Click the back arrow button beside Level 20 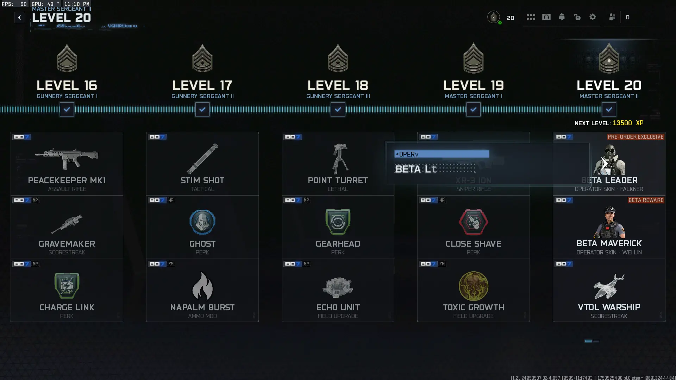[x=20, y=18]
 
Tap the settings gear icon [x=593, y=17]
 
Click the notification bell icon [x=562, y=17]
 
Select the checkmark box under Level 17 [x=202, y=109]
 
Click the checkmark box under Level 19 [x=474, y=109]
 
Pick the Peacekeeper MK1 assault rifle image [x=67, y=158]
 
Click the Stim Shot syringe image [x=202, y=159]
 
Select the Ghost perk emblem [x=202, y=222]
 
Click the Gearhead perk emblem [x=338, y=222]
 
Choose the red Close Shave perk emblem [x=474, y=222]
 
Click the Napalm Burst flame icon [x=202, y=286]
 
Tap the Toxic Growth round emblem [x=474, y=286]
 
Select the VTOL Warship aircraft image [x=609, y=286]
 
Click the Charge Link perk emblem [x=67, y=286]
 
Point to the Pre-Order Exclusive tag [x=636, y=137]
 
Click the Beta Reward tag [x=646, y=200]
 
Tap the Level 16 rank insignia [x=67, y=59]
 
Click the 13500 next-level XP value [x=622, y=123]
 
